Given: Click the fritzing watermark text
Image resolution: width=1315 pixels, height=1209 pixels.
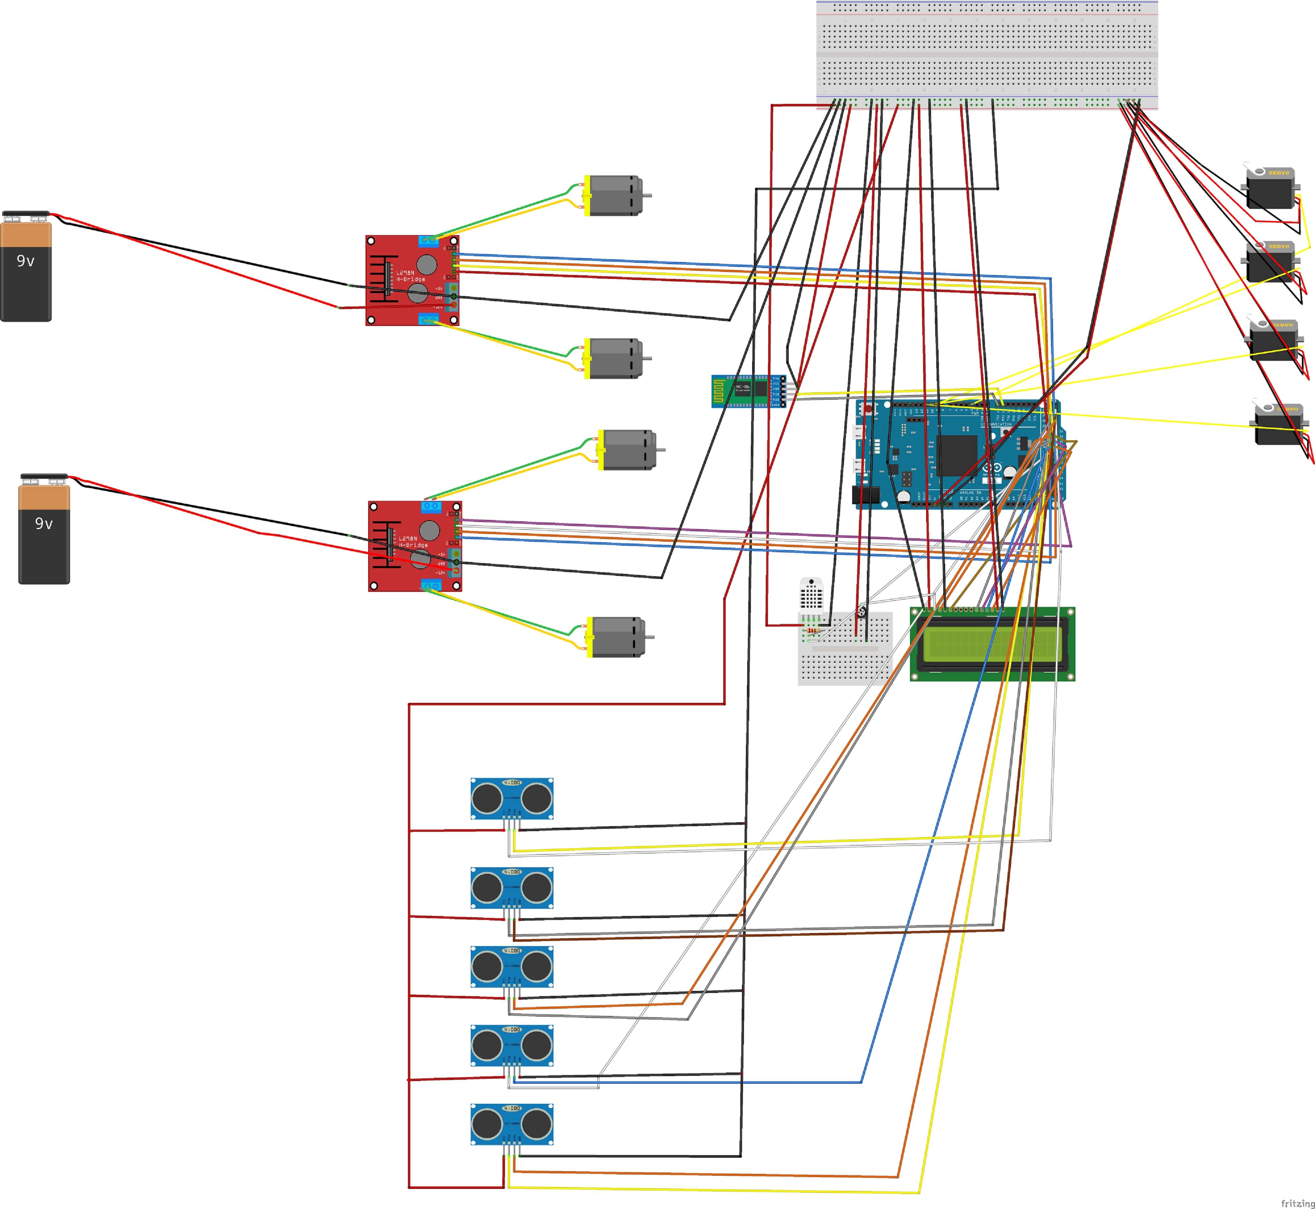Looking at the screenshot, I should click(1297, 1202).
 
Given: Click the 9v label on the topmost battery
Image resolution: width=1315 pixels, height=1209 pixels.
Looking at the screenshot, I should click(26, 261).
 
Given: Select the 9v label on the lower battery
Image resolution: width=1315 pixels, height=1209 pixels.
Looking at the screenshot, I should click(44, 523).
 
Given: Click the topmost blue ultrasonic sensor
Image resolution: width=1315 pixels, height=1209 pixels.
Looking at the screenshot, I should click(512, 798).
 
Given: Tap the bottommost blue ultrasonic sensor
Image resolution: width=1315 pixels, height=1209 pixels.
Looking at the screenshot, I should click(512, 1124).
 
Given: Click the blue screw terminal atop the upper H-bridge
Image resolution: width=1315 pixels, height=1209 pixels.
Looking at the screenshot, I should click(428, 240).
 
